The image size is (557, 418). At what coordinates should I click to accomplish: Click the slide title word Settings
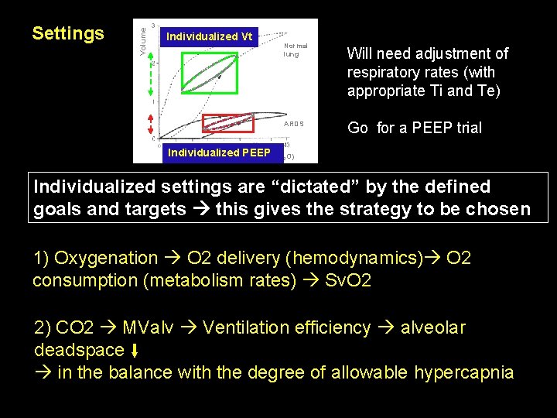(68, 34)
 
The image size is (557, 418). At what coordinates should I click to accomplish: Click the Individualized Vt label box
(209, 36)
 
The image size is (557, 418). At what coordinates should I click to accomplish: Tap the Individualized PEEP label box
(219, 152)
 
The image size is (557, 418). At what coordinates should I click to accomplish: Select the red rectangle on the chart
(227, 122)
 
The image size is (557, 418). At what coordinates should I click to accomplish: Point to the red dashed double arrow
(141, 128)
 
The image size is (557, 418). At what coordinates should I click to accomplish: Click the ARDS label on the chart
(294, 124)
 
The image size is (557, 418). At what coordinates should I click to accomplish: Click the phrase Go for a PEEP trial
(415, 128)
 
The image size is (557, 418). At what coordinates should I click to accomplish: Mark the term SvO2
(347, 279)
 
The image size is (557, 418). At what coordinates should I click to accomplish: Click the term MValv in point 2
(152, 327)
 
